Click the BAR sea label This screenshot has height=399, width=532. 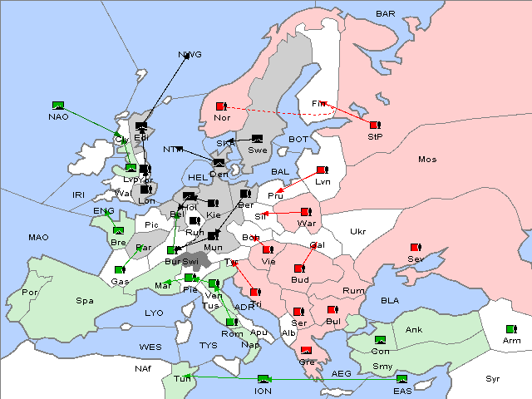pos(385,14)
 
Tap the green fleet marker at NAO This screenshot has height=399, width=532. pos(58,106)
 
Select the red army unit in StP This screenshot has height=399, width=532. pos(375,125)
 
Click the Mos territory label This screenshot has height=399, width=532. pos(427,159)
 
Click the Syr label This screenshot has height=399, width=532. pos(494,378)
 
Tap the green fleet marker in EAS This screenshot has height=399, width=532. pos(402,379)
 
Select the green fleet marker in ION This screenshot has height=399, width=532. pos(264,379)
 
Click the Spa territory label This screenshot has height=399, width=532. pos(84,300)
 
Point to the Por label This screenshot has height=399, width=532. pos(30,293)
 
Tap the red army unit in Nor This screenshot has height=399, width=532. pos(221,106)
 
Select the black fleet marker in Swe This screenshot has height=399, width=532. pos(257,139)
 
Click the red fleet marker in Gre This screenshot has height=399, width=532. pos(306,350)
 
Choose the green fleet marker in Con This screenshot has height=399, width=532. pos(380,340)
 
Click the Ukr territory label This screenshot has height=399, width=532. pos(357,232)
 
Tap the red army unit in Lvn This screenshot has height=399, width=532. pos(321,170)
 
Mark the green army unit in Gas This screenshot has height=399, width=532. pos(120,269)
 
